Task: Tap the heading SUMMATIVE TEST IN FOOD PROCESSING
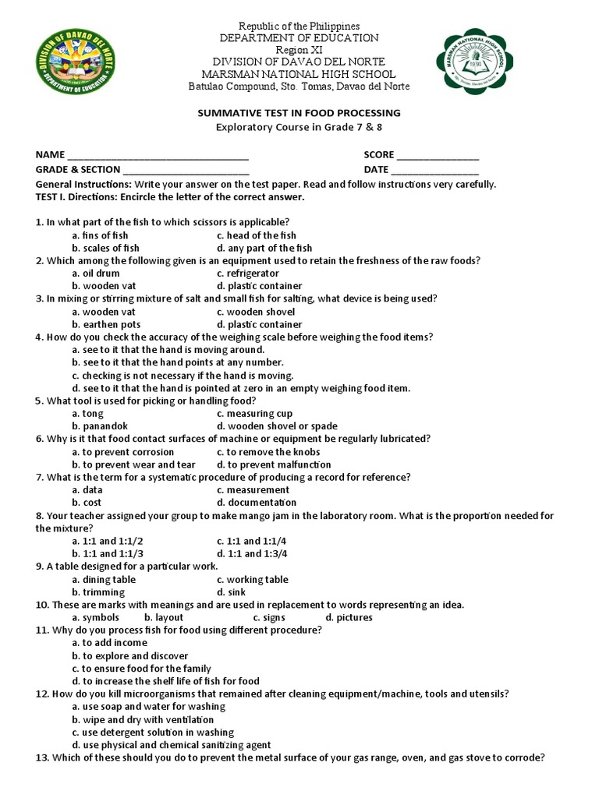299,113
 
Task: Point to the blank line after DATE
434,170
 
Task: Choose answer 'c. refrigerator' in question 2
248,274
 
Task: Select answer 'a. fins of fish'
100,235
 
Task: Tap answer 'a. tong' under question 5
87,414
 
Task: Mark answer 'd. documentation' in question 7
257,503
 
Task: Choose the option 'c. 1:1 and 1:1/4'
252,541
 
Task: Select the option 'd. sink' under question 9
232,592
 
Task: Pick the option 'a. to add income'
109,643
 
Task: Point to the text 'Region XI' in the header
299,49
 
